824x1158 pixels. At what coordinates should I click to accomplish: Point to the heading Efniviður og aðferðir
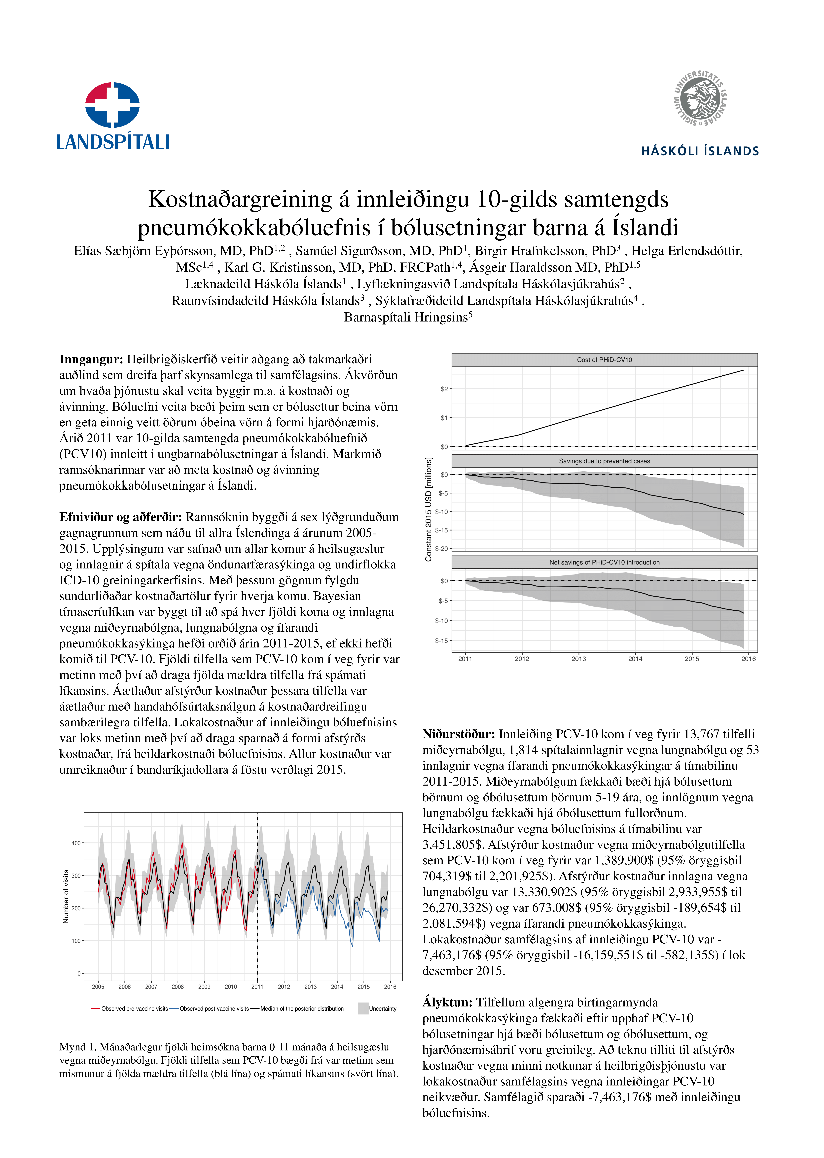click(x=120, y=517)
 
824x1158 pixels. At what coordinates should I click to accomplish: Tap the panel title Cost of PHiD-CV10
click(x=604, y=360)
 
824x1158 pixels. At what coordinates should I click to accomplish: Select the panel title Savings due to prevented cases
click(x=604, y=461)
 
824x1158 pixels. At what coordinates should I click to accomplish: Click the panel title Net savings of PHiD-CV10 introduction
click(x=604, y=562)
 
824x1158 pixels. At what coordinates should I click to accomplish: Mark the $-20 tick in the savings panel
click(x=441, y=549)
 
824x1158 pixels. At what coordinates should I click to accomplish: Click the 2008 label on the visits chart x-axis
click(x=178, y=987)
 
